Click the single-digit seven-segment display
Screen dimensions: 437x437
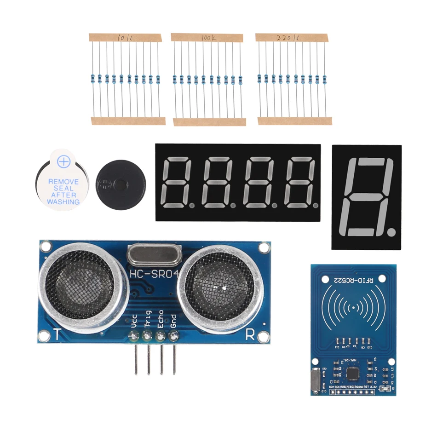(x=366, y=197)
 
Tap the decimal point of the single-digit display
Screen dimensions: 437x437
(x=391, y=229)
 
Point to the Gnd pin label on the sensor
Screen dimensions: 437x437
(x=173, y=320)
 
